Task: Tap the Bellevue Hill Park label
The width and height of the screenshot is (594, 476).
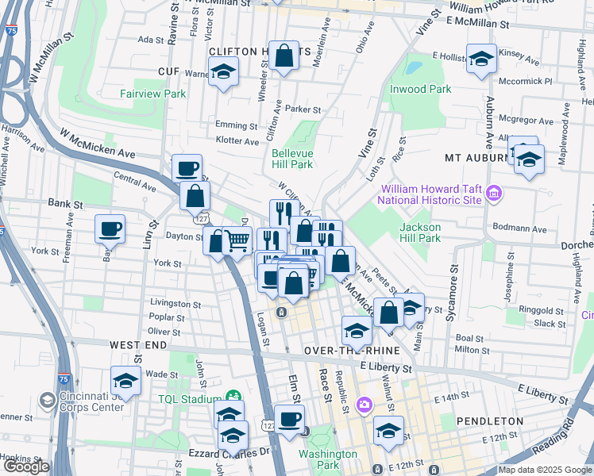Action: coord(291,159)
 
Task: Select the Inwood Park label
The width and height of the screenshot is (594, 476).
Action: coord(420,89)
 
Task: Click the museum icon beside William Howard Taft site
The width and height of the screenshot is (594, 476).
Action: coord(494,194)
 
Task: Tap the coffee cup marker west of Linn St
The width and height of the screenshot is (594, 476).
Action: coord(110,229)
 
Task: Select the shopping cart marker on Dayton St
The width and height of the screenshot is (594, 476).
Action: coord(237,240)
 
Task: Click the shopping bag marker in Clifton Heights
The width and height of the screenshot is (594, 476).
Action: coord(284,56)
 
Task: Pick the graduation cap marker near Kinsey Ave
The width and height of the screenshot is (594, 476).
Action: coord(481,59)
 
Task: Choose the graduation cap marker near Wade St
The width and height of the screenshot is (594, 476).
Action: coord(125,381)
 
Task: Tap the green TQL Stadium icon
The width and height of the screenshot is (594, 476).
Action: coord(233,397)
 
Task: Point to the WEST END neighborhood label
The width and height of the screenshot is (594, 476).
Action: coord(138,345)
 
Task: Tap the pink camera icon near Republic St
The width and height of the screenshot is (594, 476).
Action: coord(364,405)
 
